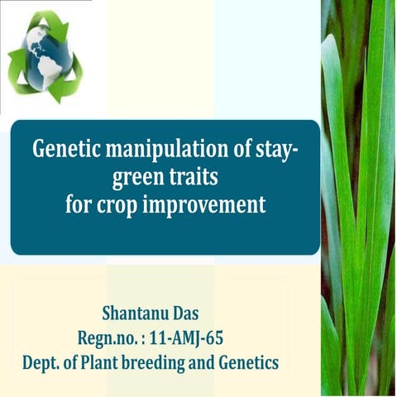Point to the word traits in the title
coord(197,178)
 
